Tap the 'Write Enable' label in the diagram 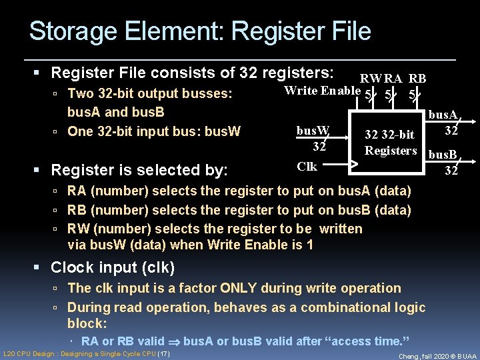click(322, 91)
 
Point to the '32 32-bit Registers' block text click(390, 143)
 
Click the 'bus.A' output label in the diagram click(442, 115)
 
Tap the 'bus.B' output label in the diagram click(442, 155)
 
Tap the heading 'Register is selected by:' click(139, 169)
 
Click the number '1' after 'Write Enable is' click(309, 245)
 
